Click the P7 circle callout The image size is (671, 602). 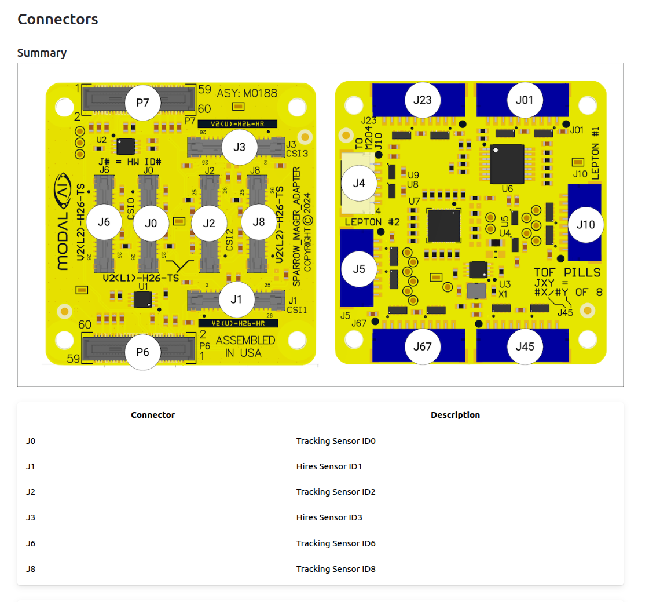142,103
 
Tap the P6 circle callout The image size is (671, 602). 142,352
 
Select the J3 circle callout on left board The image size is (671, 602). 239,147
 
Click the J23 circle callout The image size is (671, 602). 423,100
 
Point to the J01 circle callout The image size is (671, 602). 525,100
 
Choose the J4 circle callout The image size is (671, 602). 359,183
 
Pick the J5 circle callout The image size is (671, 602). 359,269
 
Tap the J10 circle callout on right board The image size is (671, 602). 585,224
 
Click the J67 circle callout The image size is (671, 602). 423,346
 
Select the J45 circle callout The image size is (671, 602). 525,346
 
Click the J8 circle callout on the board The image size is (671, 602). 259,222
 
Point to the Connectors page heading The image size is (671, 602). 58,19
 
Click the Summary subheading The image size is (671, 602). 42,53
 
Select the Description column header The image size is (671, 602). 455,415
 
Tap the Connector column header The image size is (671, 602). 153,415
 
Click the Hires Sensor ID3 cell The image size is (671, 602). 329,517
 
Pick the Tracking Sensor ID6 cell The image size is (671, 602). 336,543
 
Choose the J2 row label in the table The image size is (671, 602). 31,492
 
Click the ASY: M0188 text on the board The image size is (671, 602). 247,93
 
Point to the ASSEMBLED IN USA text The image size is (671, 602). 245,346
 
